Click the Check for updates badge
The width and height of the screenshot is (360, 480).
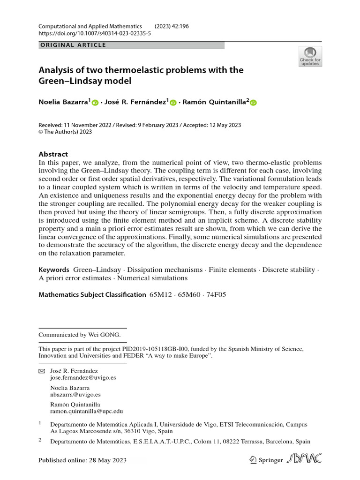coord(310,56)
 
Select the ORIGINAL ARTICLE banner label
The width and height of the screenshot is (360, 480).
coord(72,45)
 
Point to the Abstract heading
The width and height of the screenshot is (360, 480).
coord(53,154)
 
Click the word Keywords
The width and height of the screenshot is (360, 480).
coord(54,270)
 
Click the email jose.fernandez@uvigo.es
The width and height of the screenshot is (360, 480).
coord(83,377)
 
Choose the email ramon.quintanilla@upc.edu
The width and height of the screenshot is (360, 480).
coord(86,411)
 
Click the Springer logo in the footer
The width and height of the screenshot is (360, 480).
coord(266,460)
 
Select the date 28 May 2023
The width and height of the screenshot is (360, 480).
coord(107,460)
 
